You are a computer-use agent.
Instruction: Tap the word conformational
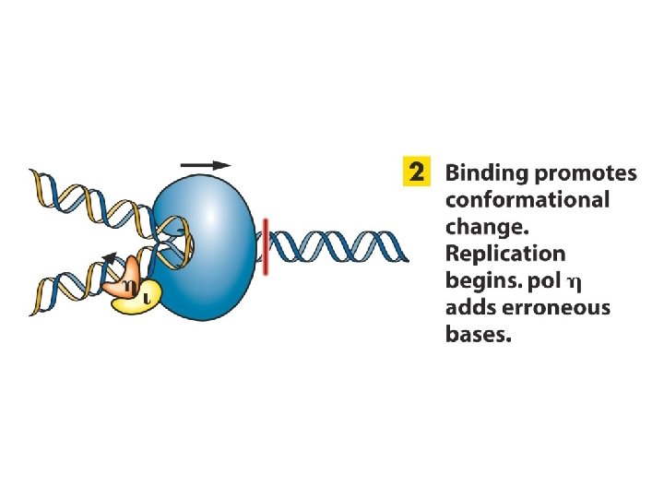527,200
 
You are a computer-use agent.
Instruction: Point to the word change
481,227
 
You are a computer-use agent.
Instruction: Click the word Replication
505,254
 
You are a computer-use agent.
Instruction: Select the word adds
468,307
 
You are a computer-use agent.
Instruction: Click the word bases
477,334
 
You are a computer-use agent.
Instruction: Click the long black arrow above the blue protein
206,164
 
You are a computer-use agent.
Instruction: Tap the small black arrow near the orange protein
110,259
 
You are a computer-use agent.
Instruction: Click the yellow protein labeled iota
138,297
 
